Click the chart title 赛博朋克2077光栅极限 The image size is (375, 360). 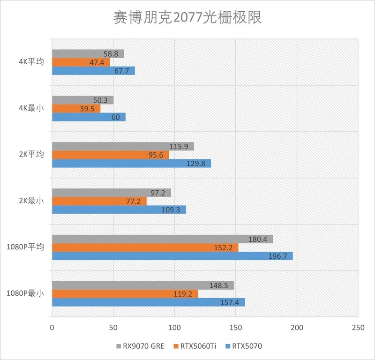[x=187, y=17]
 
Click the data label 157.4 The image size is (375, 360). [x=230, y=302]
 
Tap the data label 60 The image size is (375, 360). [x=115, y=117]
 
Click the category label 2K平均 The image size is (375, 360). [x=32, y=155]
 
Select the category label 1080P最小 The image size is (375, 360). [x=25, y=294]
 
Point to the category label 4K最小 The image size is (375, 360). [x=32, y=108]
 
